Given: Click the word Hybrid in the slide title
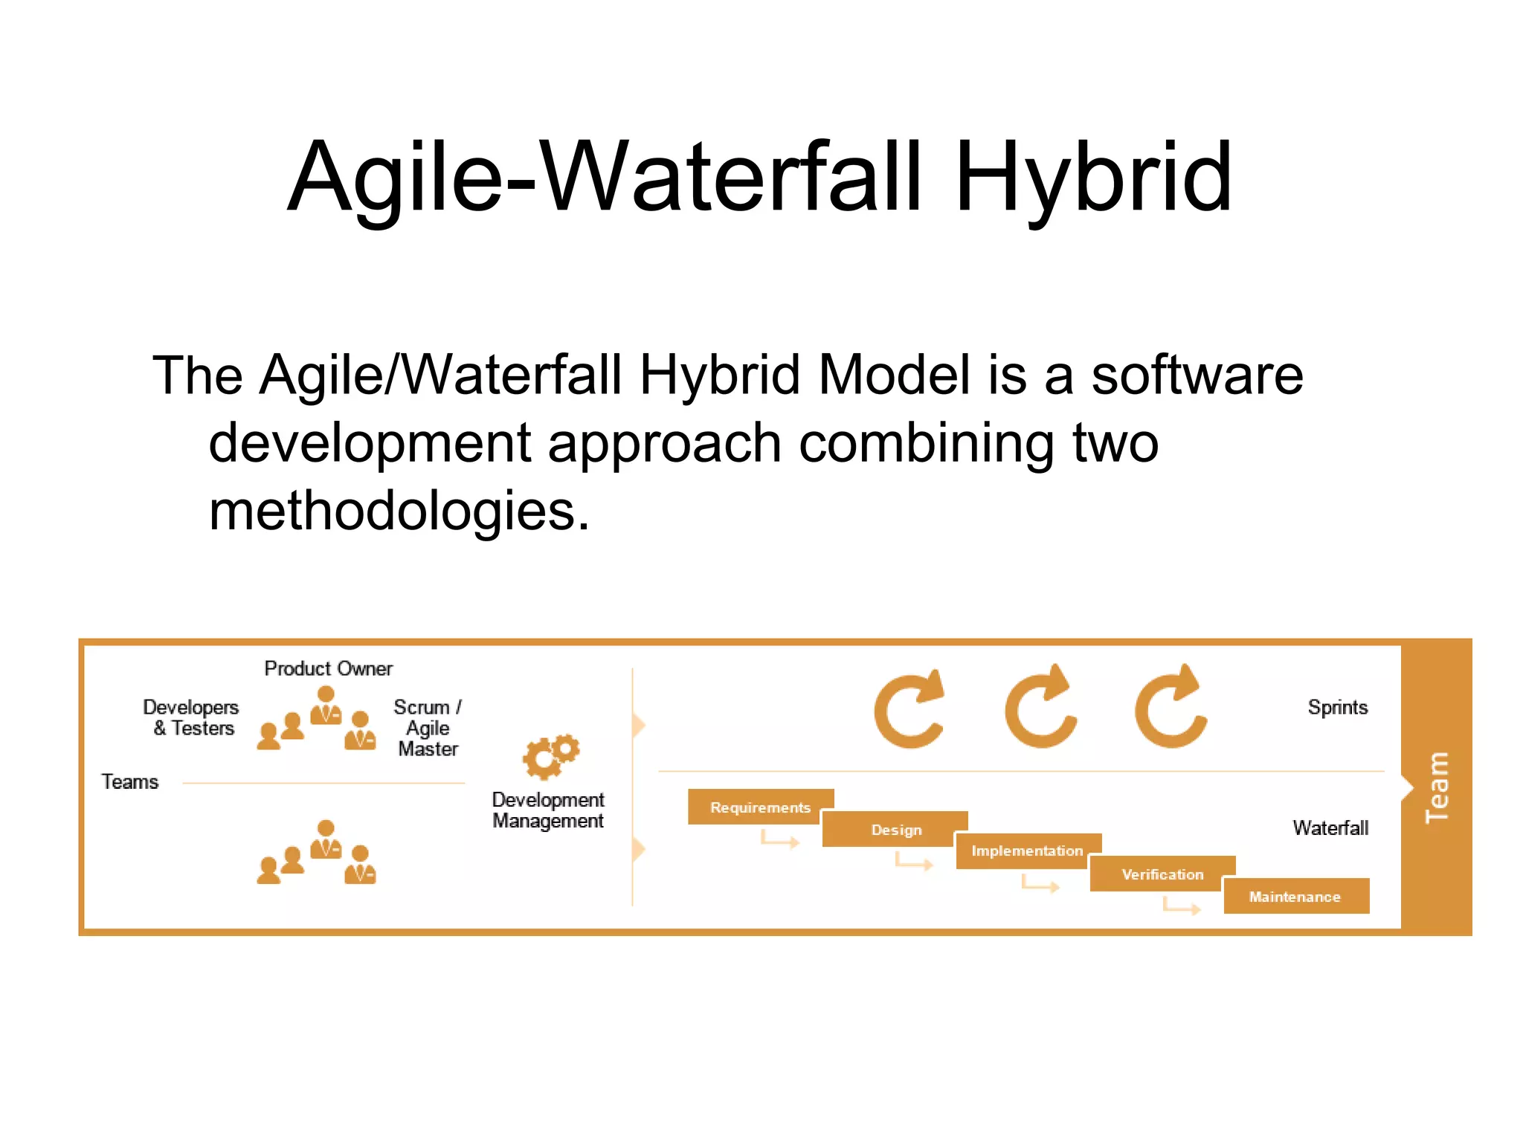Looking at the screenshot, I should [x=1093, y=178].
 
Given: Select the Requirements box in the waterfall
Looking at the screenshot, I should [x=760, y=807].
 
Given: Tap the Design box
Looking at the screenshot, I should [x=896, y=830].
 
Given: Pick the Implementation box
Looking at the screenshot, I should [x=1027, y=851].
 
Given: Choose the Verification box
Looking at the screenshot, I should [x=1162, y=874].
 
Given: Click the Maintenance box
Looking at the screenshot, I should [x=1295, y=897].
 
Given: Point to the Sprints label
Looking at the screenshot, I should [x=1337, y=707].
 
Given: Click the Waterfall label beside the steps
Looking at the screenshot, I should [x=1330, y=828].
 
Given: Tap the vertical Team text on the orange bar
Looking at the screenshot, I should [x=1436, y=787].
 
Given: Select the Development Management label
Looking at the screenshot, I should [x=548, y=810].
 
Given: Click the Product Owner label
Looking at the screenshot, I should [x=328, y=668].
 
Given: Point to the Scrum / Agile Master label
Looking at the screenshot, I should [x=428, y=728].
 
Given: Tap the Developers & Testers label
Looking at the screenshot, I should [x=192, y=717].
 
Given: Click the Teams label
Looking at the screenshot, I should [x=130, y=782].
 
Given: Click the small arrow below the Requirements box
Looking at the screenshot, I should [x=779, y=841].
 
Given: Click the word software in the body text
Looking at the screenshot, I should [x=1197, y=375].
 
